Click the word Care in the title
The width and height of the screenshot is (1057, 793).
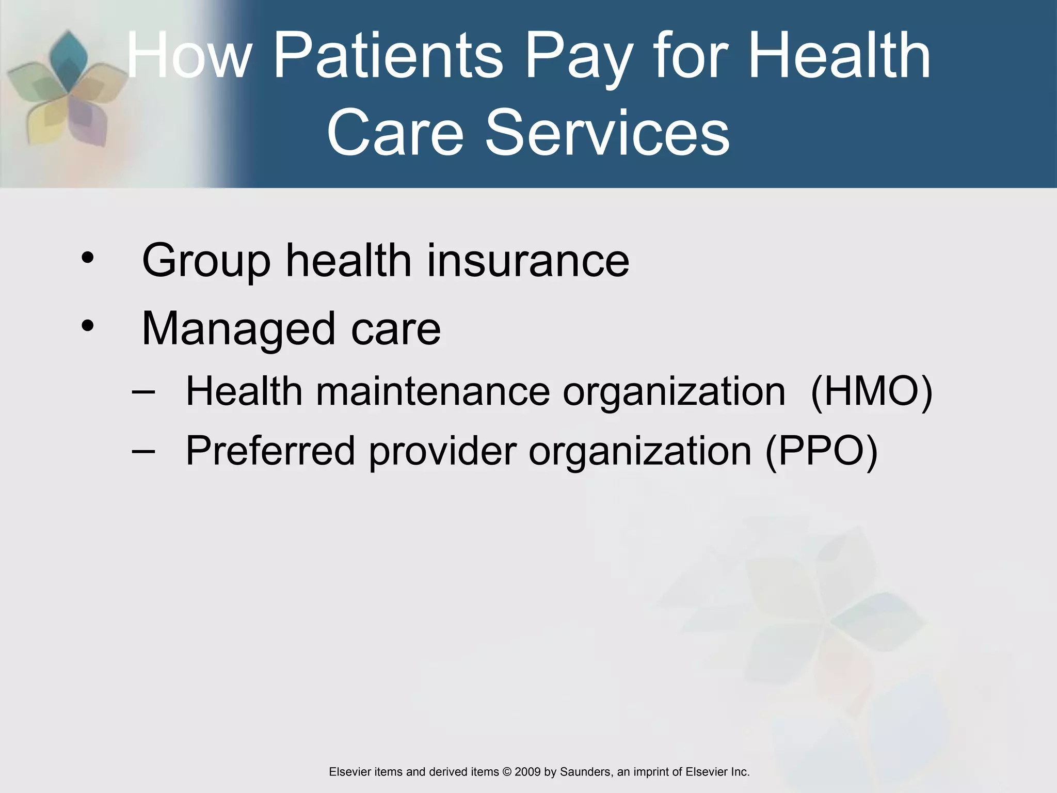[x=395, y=133]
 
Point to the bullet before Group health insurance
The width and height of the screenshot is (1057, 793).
[x=88, y=258]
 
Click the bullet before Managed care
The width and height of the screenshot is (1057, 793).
[x=88, y=326]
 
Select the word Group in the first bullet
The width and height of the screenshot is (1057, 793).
[x=206, y=261]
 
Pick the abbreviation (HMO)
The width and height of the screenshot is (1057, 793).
[x=871, y=391]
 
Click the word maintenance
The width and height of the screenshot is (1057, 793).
[x=433, y=391]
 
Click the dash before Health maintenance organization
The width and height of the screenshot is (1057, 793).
[x=143, y=391]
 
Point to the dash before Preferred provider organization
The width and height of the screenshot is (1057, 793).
[x=143, y=451]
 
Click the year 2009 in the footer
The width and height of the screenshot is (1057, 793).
[x=527, y=772]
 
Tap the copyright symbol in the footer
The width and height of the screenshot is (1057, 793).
[x=506, y=772]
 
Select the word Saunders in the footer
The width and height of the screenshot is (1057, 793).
[x=585, y=772]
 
